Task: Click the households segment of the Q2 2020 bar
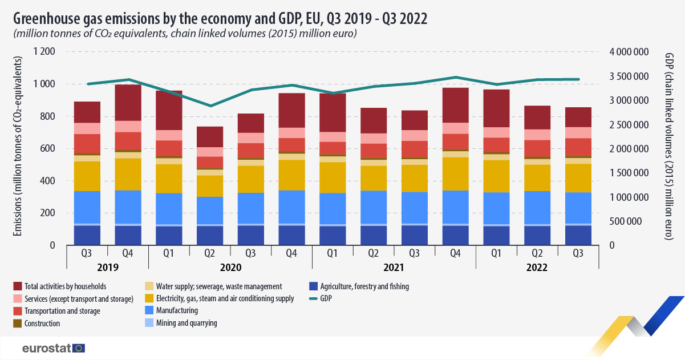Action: tap(210, 137)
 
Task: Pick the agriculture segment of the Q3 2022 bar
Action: tap(578, 236)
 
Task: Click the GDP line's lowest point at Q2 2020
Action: tap(210, 106)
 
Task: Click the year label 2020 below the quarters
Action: tap(230, 268)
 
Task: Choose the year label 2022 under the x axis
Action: tap(537, 268)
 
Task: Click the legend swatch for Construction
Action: tap(18, 323)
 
